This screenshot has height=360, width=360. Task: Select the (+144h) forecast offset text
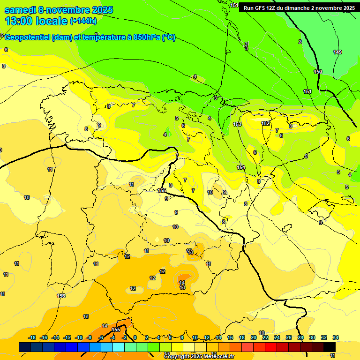click(x=83, y=21)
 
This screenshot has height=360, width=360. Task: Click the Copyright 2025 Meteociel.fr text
click(x=199, y=357)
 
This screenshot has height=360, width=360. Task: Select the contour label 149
click(x=337, y=52)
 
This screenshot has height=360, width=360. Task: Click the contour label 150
click(x=318, y=72)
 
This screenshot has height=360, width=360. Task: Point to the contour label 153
click(x=237, y=124)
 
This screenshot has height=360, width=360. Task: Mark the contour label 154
click(x=241, y=167)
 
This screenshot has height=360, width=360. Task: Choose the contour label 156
click(x=61, y=296)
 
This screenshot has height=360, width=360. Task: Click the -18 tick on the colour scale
click(x=32, y=337)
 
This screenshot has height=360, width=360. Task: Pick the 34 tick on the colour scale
click(x=336, y=337)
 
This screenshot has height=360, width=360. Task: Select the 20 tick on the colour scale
click(x=254, y=337)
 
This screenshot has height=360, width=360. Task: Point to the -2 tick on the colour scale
click(x=124, y=337)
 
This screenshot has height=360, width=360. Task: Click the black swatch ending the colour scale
click(x=330, y=347)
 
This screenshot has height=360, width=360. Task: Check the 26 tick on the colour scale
click(x=289, y=337)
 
